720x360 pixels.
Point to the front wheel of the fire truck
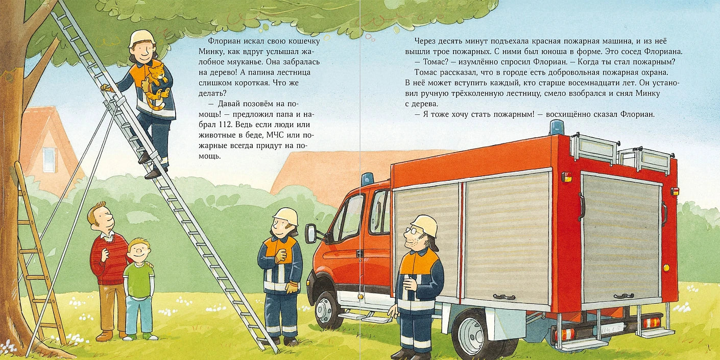click(x=326, y=310)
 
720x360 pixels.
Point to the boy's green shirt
click(x=139, y=279)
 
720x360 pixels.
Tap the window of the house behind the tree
click(x=49, y=159)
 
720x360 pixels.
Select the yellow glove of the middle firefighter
click(x=293, y=287)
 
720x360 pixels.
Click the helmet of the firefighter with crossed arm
click(x=286, y=215)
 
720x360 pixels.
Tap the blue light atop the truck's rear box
click(x=557, y=127)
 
